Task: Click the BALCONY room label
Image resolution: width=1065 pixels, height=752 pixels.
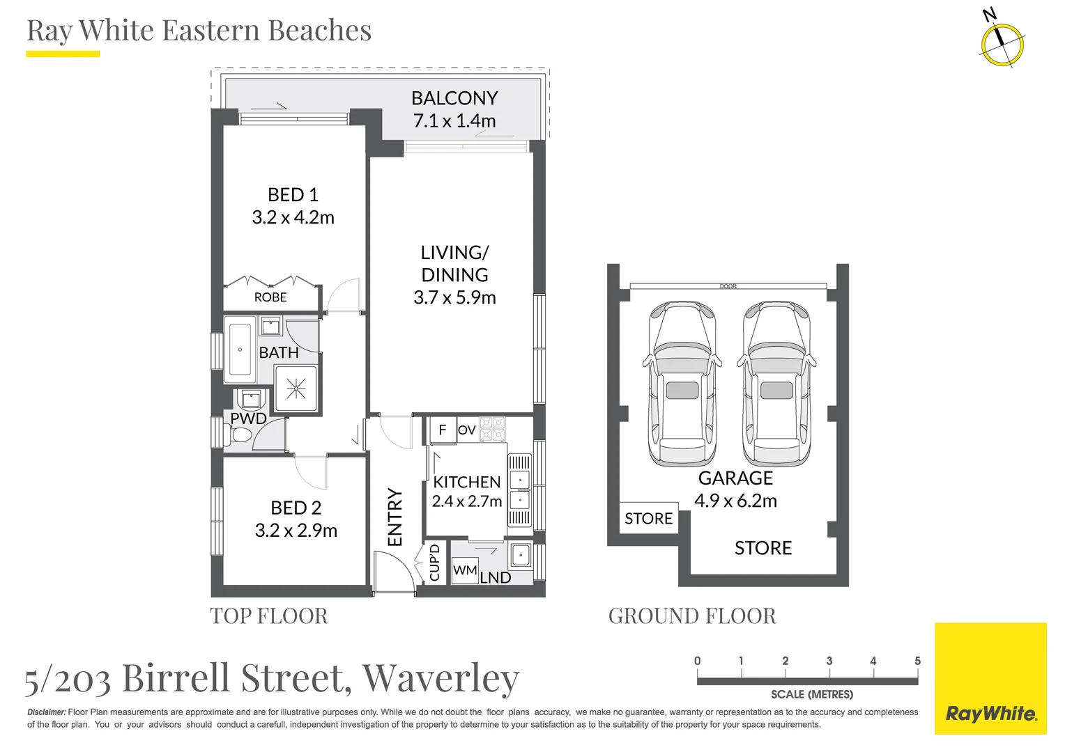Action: click(454, 98)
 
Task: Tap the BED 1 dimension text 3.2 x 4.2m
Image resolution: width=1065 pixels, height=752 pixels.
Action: click(293, 217)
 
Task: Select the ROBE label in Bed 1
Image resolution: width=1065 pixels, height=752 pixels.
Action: click(270, 297)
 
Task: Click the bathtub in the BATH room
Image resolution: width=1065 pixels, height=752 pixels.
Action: click(240, 350)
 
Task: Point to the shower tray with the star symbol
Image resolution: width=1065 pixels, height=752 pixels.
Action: click(296, 389)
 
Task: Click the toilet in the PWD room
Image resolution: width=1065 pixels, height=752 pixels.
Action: click(241, 436)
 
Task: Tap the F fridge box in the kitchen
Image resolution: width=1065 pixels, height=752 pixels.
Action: click(442, 430)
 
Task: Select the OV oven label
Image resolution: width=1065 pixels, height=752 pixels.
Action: click(466, 430)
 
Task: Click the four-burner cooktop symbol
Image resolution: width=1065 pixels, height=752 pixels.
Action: click(492, 429)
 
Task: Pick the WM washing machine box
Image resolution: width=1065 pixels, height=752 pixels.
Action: click(465, 570)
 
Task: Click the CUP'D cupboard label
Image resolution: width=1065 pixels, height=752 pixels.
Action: click(435, 563)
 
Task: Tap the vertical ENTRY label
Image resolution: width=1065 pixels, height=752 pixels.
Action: click(395, 517)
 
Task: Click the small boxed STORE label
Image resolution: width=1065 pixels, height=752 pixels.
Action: click(648, 518)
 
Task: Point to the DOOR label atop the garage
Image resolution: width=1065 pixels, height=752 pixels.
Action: click(728, 286)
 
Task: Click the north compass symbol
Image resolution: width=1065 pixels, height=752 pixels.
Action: click(1002, 43)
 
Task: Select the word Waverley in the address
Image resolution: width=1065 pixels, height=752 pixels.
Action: click(440, 677)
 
